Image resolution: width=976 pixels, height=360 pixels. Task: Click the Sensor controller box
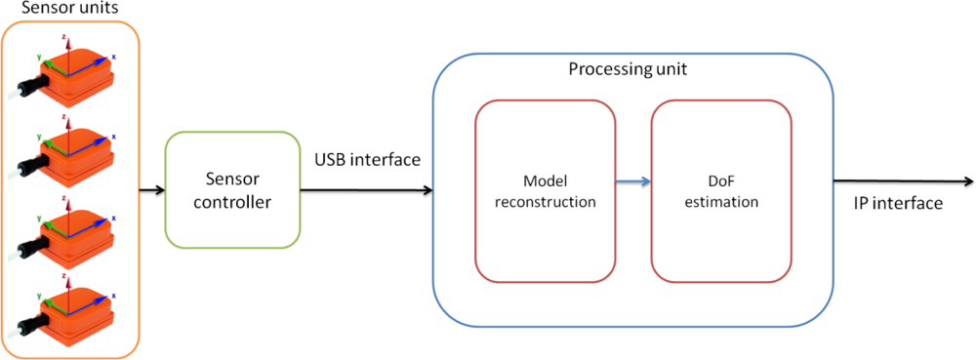pyautogui.click(x=232, y=190)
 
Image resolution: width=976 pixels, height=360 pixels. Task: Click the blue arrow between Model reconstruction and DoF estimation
pyautogui.click(x=632, y=181)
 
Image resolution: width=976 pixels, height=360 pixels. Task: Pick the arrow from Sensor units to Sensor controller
pyautogui.click(x=151, y=189)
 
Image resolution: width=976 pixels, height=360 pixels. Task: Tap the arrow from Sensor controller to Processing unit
pyautogui.click(x=366, y=189)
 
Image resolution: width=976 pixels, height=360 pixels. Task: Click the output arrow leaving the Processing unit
pyautogui.click(x=903, y=181)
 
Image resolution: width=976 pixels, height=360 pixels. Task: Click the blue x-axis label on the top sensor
pyautogui.click(x=113, y=58)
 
